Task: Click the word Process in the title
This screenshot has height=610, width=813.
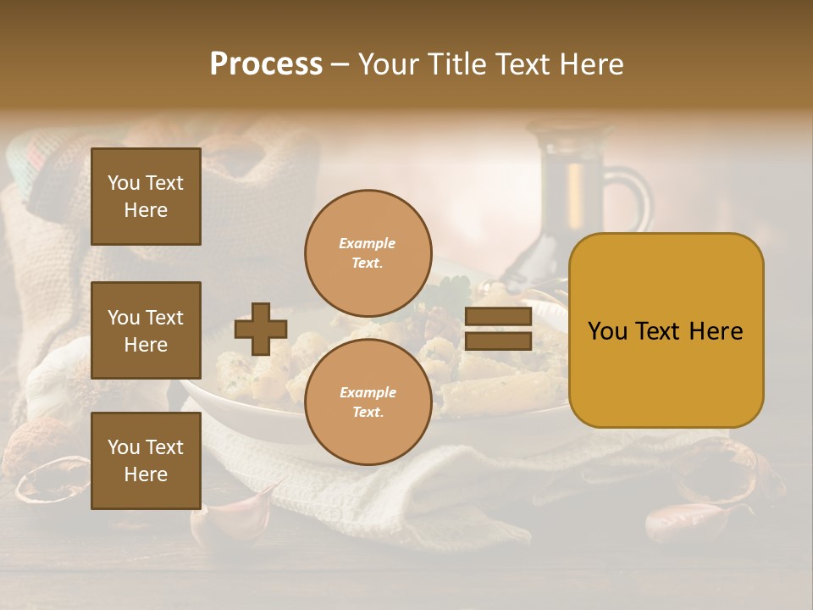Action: [266, 64]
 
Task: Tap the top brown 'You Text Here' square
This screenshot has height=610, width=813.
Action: [146, 197]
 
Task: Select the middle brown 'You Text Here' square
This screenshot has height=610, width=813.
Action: [146, 330]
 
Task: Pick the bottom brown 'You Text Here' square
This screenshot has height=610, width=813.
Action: [146, 461]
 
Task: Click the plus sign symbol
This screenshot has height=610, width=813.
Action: [261, 329]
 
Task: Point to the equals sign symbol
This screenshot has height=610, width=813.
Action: [499, 329]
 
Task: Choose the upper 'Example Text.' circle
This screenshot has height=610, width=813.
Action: [368, 253]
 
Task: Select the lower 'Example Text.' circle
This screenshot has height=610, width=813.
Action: [368, 402]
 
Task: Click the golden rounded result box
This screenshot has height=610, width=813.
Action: [666, 330]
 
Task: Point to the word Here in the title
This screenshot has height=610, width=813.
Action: [593, 64]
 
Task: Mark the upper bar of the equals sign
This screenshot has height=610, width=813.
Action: [499, 317]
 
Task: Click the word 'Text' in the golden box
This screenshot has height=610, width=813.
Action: [666, 331]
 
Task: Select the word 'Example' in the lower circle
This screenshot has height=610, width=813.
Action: [368, 392]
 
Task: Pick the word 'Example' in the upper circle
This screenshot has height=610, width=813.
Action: [368, 243]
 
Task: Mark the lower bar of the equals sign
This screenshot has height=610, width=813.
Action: [499, 341]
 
